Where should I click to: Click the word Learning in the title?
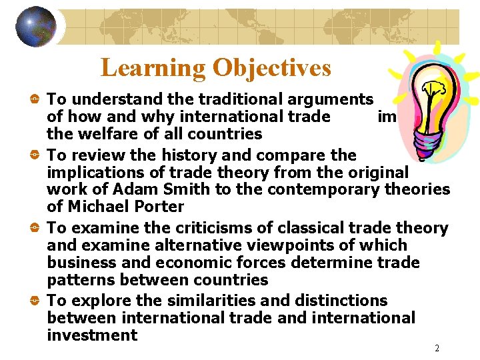tap(153, 67)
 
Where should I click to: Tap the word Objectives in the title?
tap(272, 67)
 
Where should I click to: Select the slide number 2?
tap(437, 349)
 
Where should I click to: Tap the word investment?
tap(92, 335)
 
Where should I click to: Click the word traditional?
tap(225, 99)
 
